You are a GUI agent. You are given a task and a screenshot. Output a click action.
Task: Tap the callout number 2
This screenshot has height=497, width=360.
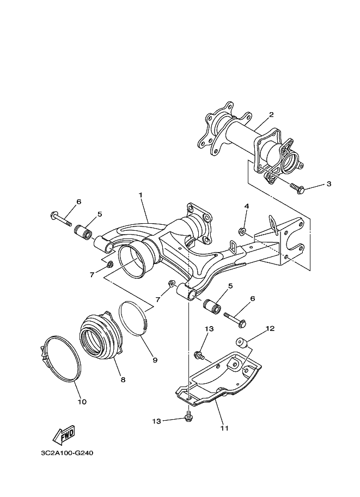pyautogui.click(x=271, y=115)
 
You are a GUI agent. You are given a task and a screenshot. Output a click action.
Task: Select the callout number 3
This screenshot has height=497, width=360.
pyautogui.click(x=328, y=184)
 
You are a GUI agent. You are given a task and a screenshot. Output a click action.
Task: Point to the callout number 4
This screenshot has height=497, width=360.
pyautogui.click(x=246, y=206)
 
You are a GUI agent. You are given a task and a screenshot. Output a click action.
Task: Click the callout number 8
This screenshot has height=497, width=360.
pyautogui.click(x=123, y=379)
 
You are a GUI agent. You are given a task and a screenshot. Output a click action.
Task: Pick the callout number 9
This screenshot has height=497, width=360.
pyautogui.click(x=155, y=360)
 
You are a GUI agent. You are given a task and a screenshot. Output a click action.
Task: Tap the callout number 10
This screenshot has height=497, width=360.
pyautogui.click(x=82, y=402)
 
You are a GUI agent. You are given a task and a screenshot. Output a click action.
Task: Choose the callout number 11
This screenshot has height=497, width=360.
pyautogui.click(x=224, y=428)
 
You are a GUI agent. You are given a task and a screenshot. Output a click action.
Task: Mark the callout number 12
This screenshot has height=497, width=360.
pyautogui.click(x=270, y=329)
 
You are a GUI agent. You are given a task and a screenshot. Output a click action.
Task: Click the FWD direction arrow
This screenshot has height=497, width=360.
pyautogui.click(x=63, y=434)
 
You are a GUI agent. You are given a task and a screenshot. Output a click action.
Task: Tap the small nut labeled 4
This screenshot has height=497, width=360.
pyautogui.click(x=243, y=232)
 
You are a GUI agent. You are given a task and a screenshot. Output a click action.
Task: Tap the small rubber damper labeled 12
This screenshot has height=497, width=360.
pyautogui.click(x=241, y=342)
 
